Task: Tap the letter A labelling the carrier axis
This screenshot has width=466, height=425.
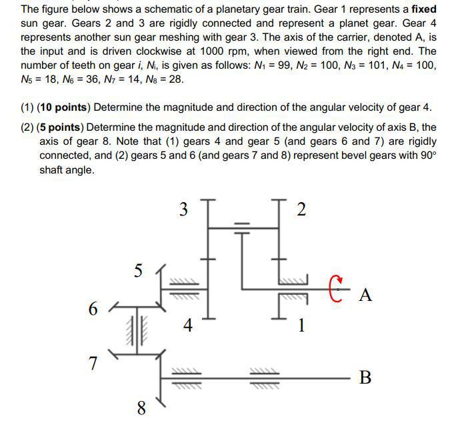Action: [x=365, y=295]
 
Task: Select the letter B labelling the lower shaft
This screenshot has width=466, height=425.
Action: [x=365, y=378]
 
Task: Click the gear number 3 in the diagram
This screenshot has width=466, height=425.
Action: [x=184, y=209]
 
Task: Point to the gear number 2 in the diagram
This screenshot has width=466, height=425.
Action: [x=301, y=209]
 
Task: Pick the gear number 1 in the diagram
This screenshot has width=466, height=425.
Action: [x=301, y=326]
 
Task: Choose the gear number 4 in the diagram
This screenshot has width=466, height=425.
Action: [x=188, y=326]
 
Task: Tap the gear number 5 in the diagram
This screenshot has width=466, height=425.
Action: [x=138, y=271]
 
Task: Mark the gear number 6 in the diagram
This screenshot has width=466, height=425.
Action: [x=93, y=309]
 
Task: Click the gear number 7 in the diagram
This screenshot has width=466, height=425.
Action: [x=93, y=364]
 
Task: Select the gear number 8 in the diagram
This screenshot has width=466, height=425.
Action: [x=141, y=408]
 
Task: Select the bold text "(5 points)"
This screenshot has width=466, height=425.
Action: [x=61, y=127]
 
